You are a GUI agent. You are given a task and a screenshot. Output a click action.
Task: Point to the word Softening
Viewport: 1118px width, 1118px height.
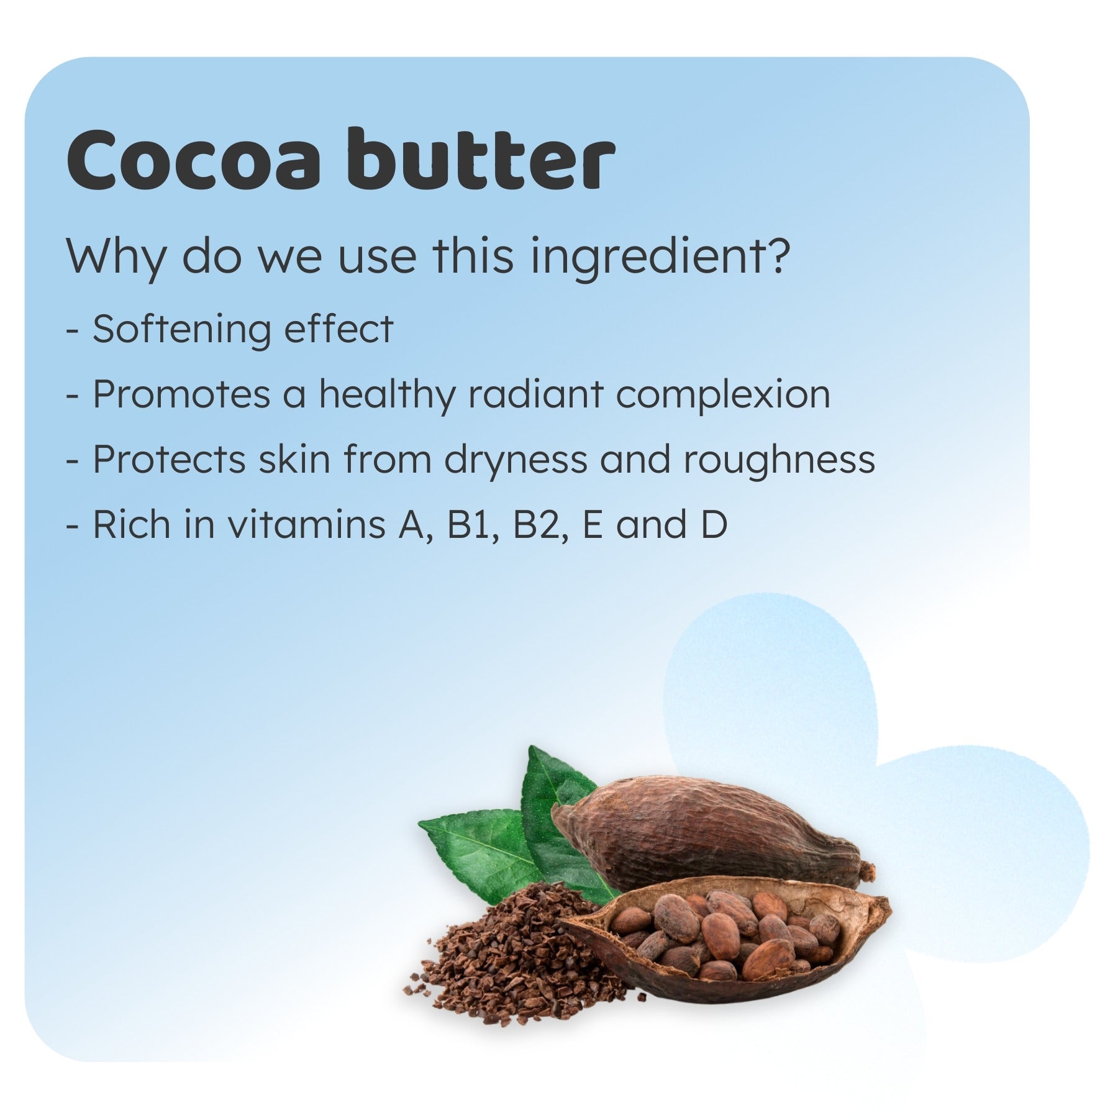coord(181,329)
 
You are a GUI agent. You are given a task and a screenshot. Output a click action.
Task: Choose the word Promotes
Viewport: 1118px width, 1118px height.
coord(181,394)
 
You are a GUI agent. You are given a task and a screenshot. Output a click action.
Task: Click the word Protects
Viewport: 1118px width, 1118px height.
coord(169,460)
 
